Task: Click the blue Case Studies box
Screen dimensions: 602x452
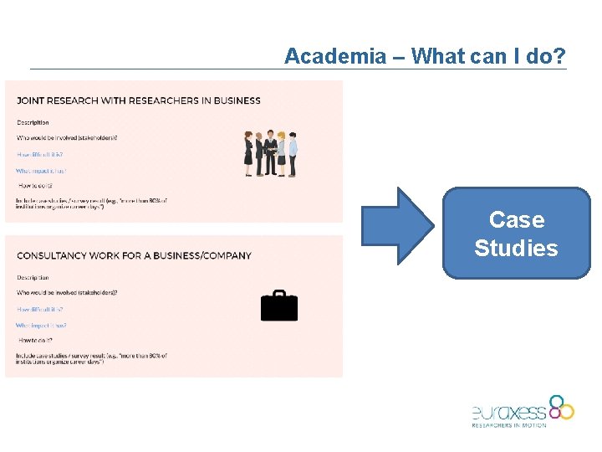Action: pyautogui.click(x=516, y=234)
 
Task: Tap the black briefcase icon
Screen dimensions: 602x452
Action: pyautogui.click(x=279, y=306)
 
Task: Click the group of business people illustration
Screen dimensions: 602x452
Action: pyautogui.click(x=270, y=152)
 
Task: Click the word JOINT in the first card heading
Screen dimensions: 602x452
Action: pyautogui.click(x=31, y=101)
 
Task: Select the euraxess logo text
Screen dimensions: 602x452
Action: pyautogui.click(x=508, y=412)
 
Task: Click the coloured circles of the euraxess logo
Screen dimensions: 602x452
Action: pyautogui.click(x=561, y=407)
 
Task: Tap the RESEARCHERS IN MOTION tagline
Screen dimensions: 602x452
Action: pyautogui.click(x=508, y=425)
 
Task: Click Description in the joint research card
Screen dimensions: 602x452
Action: pyautogui.click(x=33, y=122)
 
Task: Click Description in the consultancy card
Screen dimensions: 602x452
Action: pyautogui.click(x=33, y=277)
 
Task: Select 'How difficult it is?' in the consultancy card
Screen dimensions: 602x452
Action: pyautogui.click(x=39, y=310)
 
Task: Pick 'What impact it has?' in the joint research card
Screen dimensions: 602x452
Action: pyautogui.click(x=40, y=171)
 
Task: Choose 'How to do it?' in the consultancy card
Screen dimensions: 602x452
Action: pyautogui.click(x=36, y=341)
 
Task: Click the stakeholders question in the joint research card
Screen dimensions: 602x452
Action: pyautogui.click(x=67, y=138)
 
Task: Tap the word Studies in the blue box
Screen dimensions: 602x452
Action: pyautogui.click(x=516, y=249)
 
